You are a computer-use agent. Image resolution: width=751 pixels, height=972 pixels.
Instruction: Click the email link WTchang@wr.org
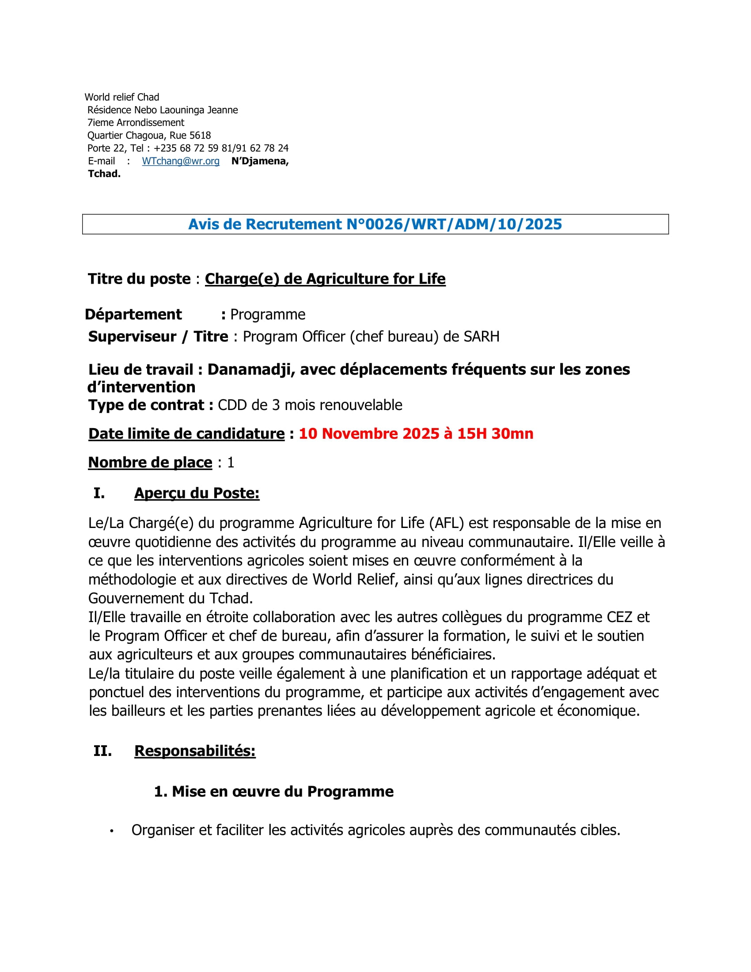[x=181, y=161]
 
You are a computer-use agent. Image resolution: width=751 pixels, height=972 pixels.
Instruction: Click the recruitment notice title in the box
[x=375, y=224]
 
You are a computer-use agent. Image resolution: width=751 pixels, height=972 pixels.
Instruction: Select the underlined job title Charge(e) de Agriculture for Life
[x=325, y=279]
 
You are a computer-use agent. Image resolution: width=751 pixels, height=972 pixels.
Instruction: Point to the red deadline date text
[x=416, y=433]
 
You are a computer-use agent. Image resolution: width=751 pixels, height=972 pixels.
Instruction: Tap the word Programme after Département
[x=268, y=314]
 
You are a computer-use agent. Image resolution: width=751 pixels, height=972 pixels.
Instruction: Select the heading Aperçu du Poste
[x=197, y=493]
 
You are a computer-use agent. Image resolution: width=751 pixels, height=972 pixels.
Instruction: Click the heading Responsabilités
[x=195, y=751]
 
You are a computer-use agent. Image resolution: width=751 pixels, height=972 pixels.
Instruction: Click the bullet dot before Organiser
[x=112, y=831]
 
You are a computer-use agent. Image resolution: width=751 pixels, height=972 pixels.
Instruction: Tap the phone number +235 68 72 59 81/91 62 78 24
[x=221, y=148]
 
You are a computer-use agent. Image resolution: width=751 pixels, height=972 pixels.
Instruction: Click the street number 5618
[x=200, y=135]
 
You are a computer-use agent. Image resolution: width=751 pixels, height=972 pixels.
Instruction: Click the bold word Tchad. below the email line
[x=104, y=174]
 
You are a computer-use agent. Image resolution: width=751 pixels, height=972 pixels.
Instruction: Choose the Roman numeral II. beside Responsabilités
[x=102, y=751]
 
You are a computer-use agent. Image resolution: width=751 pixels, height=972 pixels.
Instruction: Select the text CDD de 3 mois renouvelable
[x=310, y=405]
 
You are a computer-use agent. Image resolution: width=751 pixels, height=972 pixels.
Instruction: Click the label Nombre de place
[x=150, y=463]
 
